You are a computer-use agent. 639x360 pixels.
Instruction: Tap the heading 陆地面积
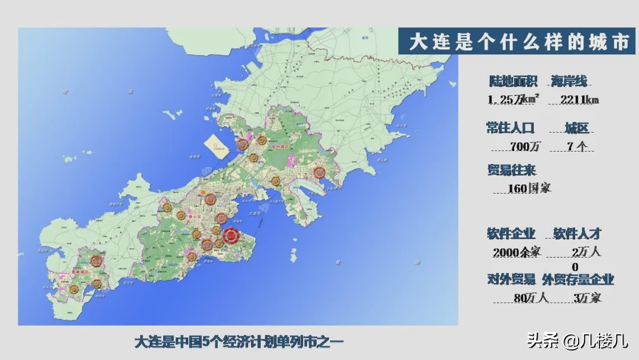(513, 82)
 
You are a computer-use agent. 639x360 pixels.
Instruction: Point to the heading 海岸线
(569, 82)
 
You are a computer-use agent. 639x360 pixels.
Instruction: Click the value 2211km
(574, 99)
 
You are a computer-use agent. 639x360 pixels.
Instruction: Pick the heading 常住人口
(510, 128)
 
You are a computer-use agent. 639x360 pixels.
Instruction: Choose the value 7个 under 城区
(576, 146)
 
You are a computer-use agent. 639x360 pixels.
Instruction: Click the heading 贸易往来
(511, 171)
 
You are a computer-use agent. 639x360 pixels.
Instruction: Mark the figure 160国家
(529, 188)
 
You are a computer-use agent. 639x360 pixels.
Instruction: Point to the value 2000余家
(517, 252)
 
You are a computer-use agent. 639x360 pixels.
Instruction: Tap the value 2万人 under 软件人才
(586, 252)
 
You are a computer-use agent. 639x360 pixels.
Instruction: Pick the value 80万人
(531, 298)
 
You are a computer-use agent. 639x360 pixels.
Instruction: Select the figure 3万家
(587, 298)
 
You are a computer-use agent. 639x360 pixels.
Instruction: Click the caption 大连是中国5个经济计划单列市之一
(239, 342)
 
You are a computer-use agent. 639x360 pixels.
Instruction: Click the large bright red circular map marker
(230, 236)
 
